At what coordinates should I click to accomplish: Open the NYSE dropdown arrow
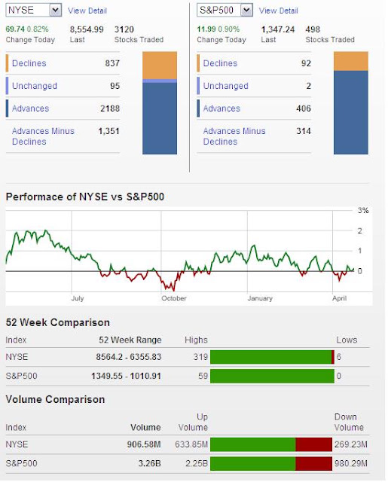[x=55, y=10]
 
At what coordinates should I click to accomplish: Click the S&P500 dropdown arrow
[x=246, y=10]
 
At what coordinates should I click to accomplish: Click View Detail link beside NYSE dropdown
[x=87, y=11]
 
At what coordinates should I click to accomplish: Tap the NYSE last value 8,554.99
[x=87, y=29]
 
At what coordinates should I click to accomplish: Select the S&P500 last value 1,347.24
[x=278, y=29]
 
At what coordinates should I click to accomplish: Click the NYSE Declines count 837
[x=112, y=63]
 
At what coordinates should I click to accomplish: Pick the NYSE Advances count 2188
[x=110, y=108]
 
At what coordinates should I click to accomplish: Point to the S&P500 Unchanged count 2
[x=308, y=86]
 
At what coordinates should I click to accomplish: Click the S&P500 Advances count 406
[x=304, y=108]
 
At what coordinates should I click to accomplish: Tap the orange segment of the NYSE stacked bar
[x=160, y=66]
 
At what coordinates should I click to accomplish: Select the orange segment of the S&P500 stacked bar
[x=351, y=61]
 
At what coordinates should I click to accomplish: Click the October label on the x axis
[x=174, y=298]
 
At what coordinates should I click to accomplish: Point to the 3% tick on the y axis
[x=363, y=211]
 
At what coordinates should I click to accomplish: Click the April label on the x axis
[x=340, y=298]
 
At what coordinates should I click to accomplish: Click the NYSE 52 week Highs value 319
[x=200, y=357]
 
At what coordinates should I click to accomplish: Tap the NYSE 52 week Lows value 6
[x=339, y=357]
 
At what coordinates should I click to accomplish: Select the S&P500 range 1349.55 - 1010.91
[x=126, y=376]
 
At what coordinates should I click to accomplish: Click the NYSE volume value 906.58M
[x=144, y=444]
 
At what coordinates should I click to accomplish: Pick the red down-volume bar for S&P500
[x=314, y=464]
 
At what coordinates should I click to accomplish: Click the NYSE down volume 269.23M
[x=351, y=444]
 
